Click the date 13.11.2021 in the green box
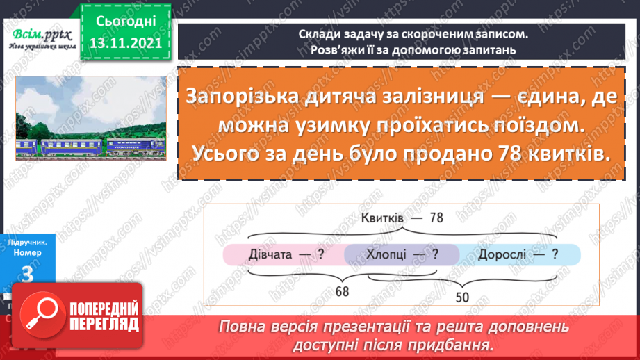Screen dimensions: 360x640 [122, 42]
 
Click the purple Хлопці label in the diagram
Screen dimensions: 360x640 [393, 254]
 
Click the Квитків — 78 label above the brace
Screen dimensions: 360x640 [402, 218]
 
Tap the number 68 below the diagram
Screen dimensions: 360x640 [342, 292]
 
